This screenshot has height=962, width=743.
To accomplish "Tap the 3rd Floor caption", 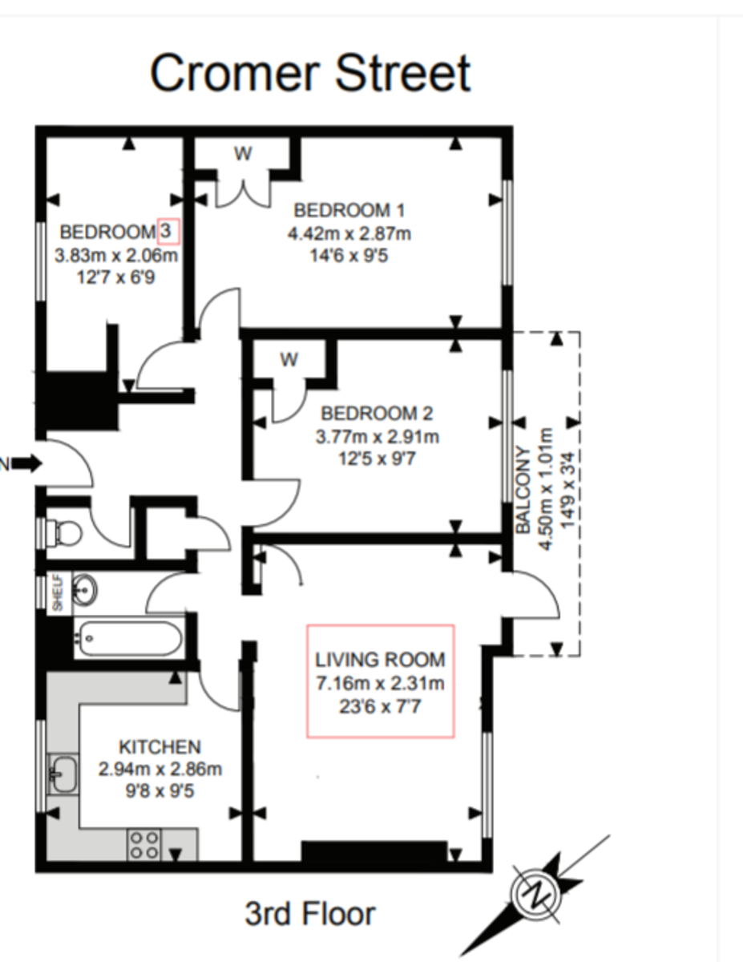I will click(309, 913).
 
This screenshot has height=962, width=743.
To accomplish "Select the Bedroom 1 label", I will click(349, 211).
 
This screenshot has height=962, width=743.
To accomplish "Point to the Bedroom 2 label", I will click(377, 414).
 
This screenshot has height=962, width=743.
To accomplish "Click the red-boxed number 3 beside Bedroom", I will click(168, 232).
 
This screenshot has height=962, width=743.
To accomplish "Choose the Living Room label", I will click(380, 660).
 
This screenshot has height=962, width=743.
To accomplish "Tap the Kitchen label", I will click(160, 747).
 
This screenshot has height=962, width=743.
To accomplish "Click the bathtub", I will click(129, 639).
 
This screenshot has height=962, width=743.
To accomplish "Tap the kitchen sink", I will click(63, 773).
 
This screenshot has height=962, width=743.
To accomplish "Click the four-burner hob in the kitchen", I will click(144, 844).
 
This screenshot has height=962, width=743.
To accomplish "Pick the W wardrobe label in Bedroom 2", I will click(289, 360).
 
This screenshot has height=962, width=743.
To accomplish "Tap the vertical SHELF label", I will click(57, 593).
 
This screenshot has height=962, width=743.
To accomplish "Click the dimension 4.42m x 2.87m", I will click(349, 234).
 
